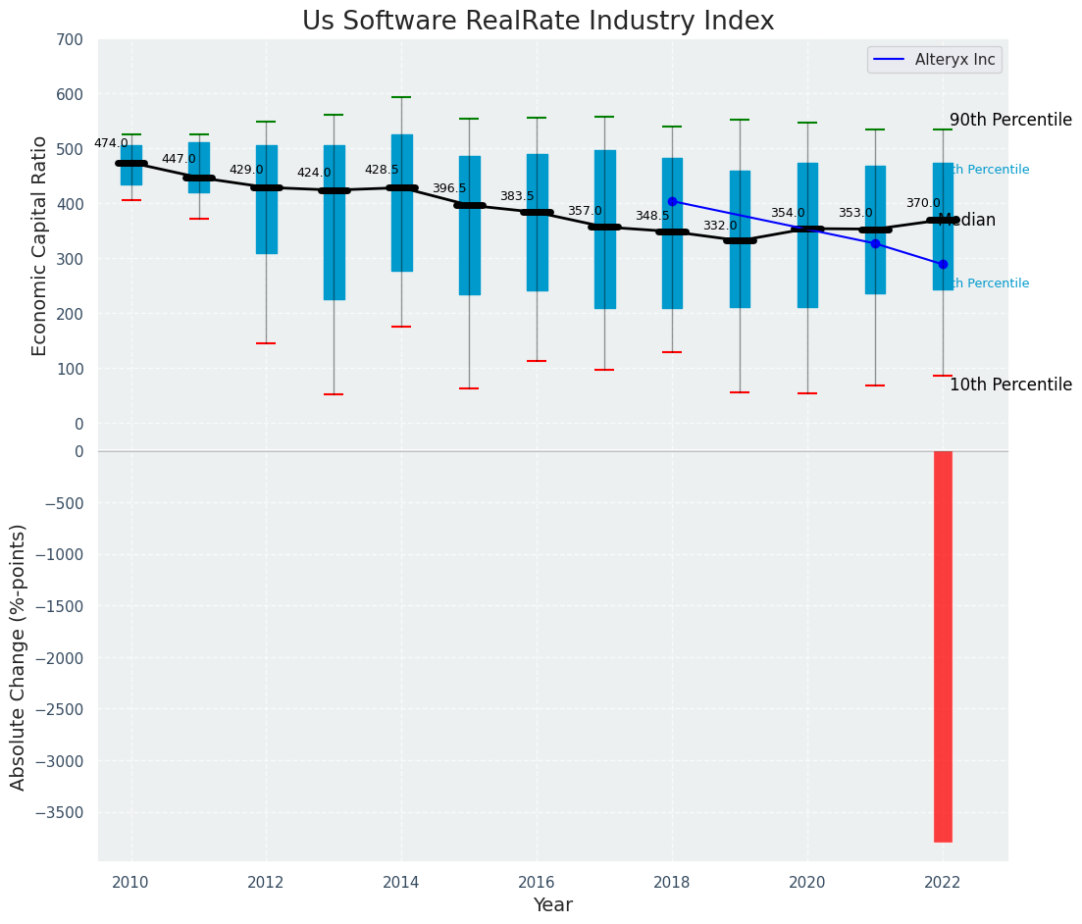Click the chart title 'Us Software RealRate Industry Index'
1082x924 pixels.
click(x=538, y=22)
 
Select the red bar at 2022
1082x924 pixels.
click(x=943, y=646)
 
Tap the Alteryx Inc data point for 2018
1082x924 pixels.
click(x=672, y=201)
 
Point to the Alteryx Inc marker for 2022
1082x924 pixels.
click(x=943, y=264)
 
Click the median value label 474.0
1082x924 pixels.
click(x=111, y=143)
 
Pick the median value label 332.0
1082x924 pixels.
click(x=720, y=226)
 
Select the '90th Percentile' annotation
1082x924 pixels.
click(x=1010, y=120)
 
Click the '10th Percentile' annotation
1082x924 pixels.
click(x=1010, y=385)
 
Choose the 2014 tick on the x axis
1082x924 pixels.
click(x=401, y=882)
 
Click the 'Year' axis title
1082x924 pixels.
click(x=552, y=905)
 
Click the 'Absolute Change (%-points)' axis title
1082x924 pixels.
click(x=19, y=656)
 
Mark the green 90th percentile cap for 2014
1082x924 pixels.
click(x=401, y=97)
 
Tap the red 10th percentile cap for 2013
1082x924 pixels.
click(x=334, y=394)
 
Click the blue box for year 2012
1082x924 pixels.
click(x=266, y=199)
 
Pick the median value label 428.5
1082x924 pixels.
click(x=382, y=170)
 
